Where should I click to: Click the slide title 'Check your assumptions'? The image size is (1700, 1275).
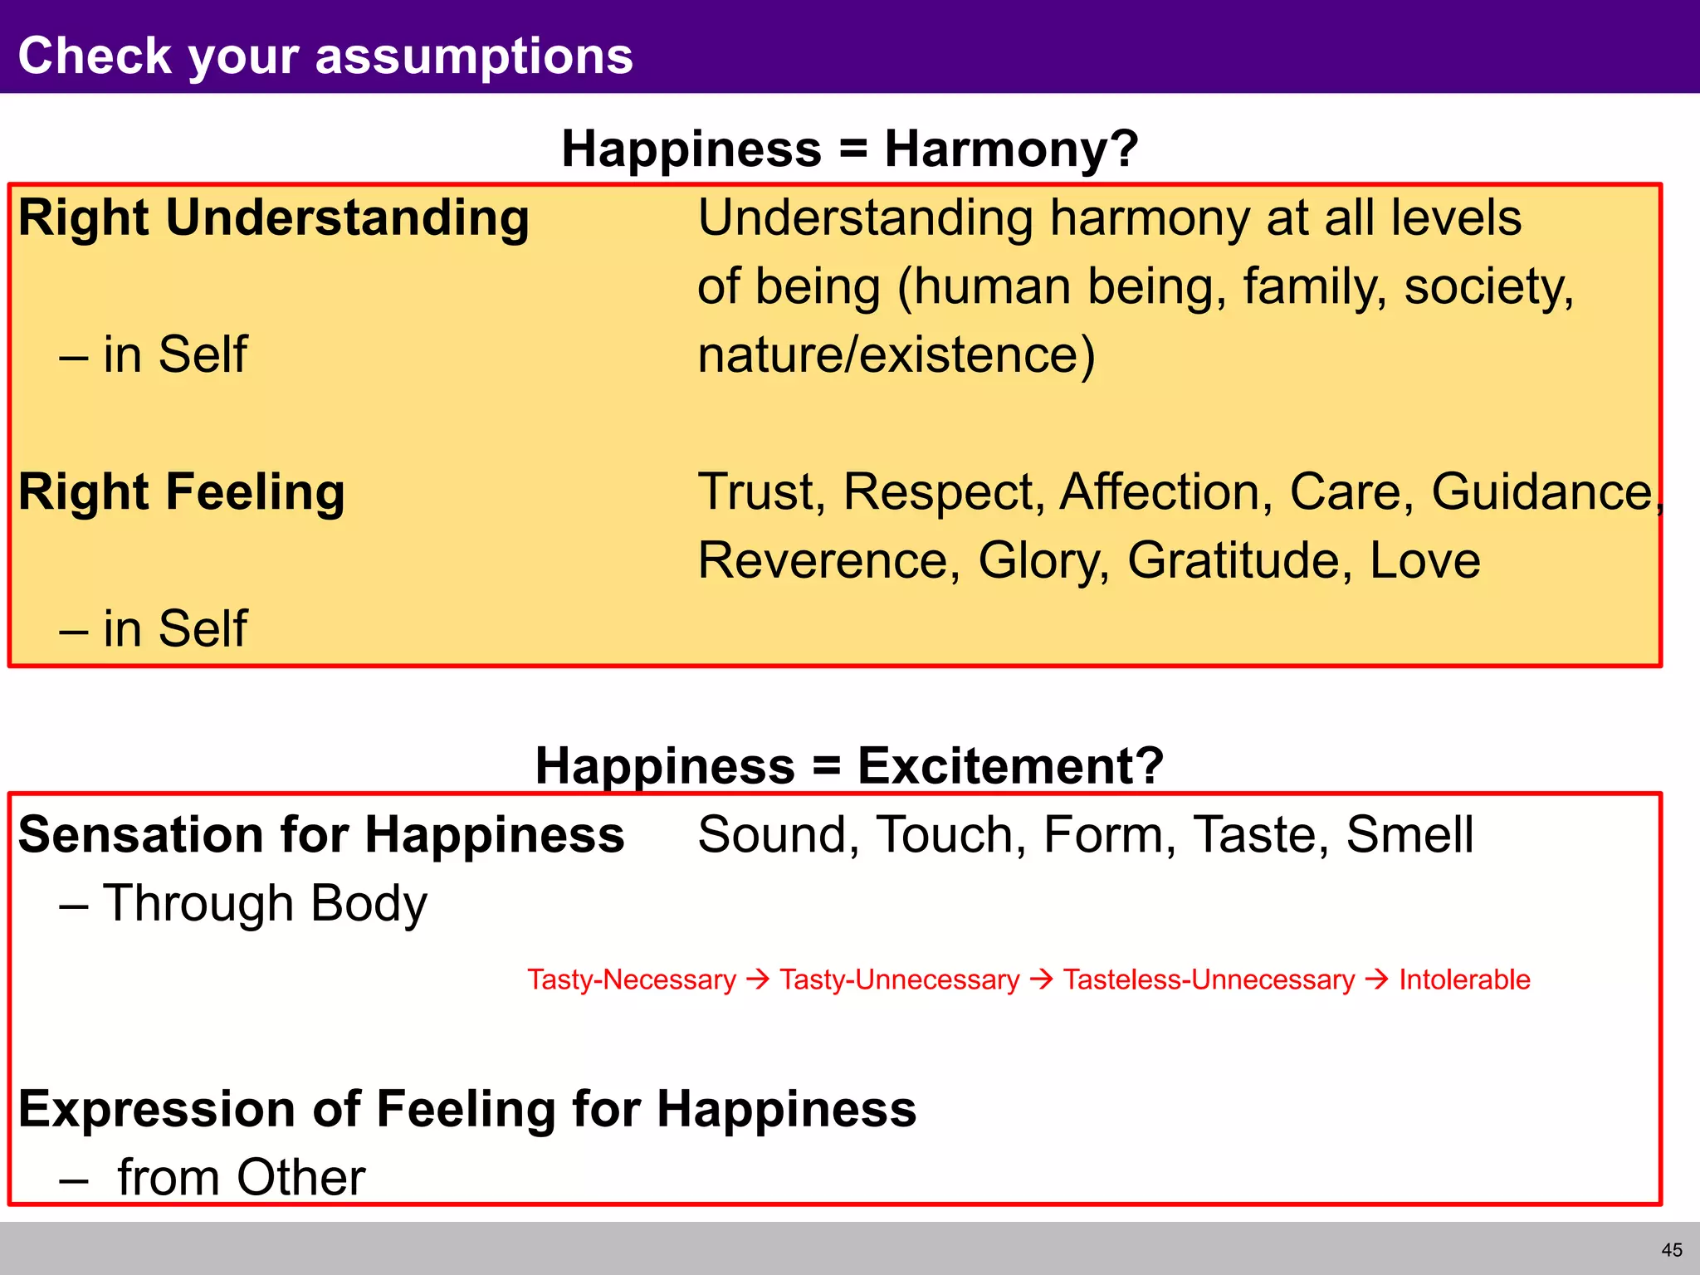coord(325,56)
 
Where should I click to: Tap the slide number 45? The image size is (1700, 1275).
coord(1672,1250)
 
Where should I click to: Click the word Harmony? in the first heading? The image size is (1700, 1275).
coord(1011,149)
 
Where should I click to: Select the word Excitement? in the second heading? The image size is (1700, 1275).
coord(1010,765)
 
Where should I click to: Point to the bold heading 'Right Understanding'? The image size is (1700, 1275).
coord(274,218)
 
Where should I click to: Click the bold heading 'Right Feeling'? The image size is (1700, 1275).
coord(181,492)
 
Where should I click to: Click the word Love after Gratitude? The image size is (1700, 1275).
coord(1424,560)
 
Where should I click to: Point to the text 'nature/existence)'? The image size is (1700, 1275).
coord(896,355)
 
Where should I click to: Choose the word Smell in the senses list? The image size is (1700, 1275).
coord(1409,834)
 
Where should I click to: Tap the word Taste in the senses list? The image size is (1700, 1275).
coord(1255,834)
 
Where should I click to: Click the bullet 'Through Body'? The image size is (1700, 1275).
coord(264,903)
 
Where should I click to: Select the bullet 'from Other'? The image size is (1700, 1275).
coord(241,1177)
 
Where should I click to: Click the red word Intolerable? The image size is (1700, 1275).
coord(1464,979)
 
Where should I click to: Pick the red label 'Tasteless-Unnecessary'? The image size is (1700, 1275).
coord(1209,979)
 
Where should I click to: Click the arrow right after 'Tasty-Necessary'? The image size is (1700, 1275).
coord(758,979)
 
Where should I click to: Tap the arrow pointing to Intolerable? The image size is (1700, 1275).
coord(1376,979)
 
